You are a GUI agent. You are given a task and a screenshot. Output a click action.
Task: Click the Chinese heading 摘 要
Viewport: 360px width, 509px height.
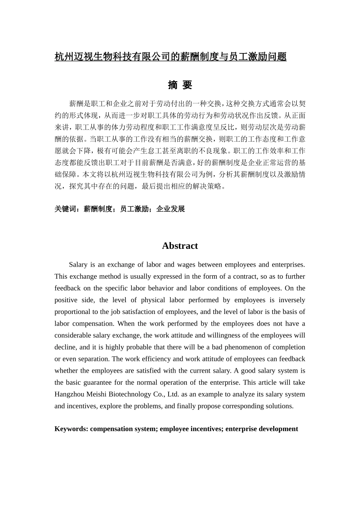(x=180, y=85)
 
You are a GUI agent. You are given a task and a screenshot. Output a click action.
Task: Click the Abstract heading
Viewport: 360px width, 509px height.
(x=180, y=246)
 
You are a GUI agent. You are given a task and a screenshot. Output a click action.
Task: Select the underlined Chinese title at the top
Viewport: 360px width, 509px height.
(x=171, y=57)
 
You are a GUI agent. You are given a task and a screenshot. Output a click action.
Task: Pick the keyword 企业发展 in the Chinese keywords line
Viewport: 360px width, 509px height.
(x=171, y=209)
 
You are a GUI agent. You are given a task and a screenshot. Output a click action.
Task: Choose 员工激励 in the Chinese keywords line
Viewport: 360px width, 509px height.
(x=134, y=209)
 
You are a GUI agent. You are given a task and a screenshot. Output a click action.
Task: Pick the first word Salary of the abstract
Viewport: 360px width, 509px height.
(x=78, y=265)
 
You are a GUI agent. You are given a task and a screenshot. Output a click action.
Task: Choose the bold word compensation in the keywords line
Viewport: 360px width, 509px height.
(x=111, y=429)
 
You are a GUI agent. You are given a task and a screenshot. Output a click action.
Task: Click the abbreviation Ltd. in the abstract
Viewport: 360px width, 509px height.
(x=173, y=394)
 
